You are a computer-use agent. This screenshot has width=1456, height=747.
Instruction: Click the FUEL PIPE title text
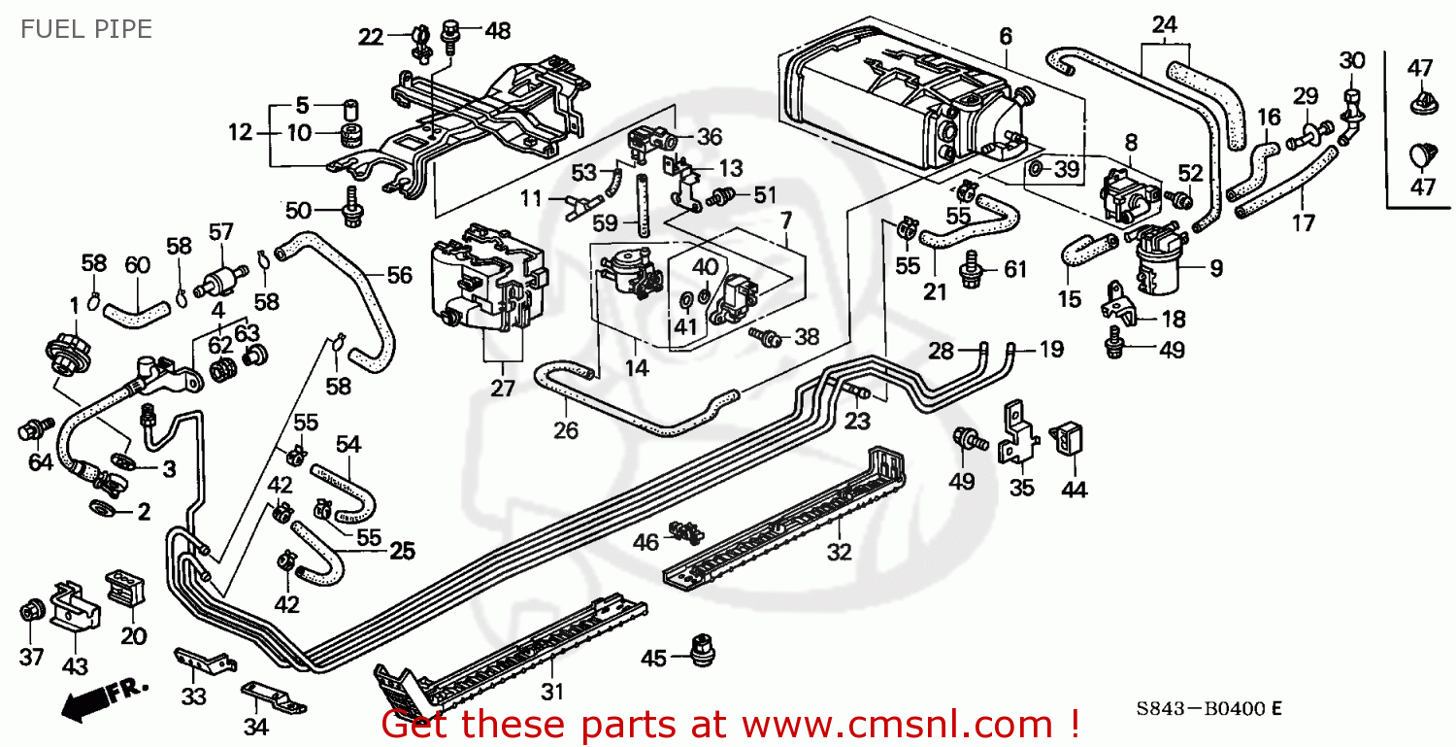tap(86, 30)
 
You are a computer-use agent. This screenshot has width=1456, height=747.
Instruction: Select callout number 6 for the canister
tap(1006, 37)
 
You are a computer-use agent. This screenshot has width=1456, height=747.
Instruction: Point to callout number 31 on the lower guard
tap(552, 693)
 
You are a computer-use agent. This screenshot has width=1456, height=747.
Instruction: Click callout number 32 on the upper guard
tap(839, 552)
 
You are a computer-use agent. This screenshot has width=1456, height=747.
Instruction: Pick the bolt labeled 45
tap(698, 649)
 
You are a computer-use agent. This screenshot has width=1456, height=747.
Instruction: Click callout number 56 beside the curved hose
tap(399, 275)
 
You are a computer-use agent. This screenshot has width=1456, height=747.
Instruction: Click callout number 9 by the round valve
tap(1216, 266)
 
